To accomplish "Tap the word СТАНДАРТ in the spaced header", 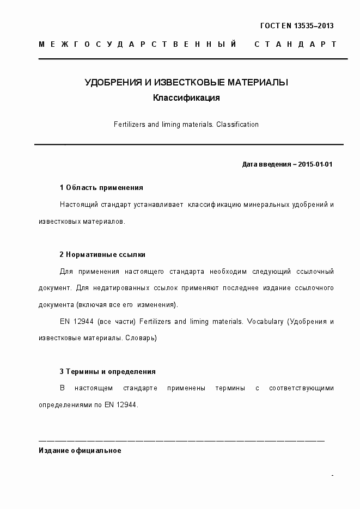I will click(x=295, y=44).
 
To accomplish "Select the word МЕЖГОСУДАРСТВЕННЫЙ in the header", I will click(x=137, y=44).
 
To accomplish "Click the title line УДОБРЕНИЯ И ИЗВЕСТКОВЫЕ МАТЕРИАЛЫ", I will click(x=186, y=83).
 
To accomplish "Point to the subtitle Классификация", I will click(x=186, y=99).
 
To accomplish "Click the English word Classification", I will click(x=237, y=125).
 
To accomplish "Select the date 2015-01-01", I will click(x=316, y=164).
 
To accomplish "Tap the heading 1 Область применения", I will click(x=101, y=188).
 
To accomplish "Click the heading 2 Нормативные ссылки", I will click(x=102, y=254).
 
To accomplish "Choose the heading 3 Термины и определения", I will click(x=108, y=372).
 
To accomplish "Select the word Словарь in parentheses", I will click(x=141, y=338).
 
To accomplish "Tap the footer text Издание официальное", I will click(x=80, y=451).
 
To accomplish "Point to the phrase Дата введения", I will click(x=266, y=164).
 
